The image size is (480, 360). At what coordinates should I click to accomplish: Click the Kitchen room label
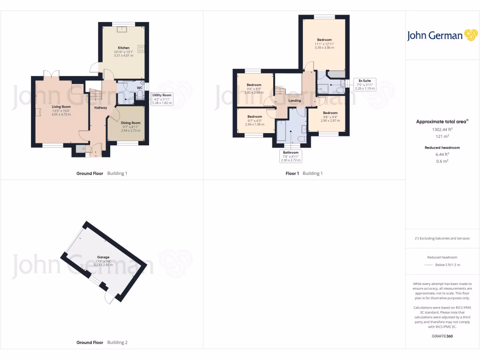(124, 48)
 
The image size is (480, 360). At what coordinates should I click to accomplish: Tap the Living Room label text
(61, 106)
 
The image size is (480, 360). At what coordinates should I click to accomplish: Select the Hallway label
(100, 108)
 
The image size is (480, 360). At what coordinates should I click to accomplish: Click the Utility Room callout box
(162, 98)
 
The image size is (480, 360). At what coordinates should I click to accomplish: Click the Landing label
(294, 101)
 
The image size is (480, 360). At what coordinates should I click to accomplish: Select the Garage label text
(103, 257)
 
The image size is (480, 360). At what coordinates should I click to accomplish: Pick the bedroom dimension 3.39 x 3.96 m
(324, 47)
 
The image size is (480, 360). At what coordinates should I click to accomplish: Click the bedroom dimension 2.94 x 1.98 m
(255, 124)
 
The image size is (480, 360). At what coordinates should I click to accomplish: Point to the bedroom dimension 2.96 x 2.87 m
(330, 120)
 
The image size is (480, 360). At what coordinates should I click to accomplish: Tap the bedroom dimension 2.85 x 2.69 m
(254, 92)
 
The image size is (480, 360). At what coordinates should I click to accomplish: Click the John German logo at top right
(441, 36)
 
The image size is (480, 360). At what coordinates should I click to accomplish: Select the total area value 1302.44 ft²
(442, 129)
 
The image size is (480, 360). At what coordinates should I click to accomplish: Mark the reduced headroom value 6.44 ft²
(442, 154)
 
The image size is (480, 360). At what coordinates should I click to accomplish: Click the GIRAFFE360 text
(442, 336)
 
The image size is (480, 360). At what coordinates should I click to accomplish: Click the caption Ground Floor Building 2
(102, 343)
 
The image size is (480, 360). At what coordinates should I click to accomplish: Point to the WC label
(139, 88)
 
